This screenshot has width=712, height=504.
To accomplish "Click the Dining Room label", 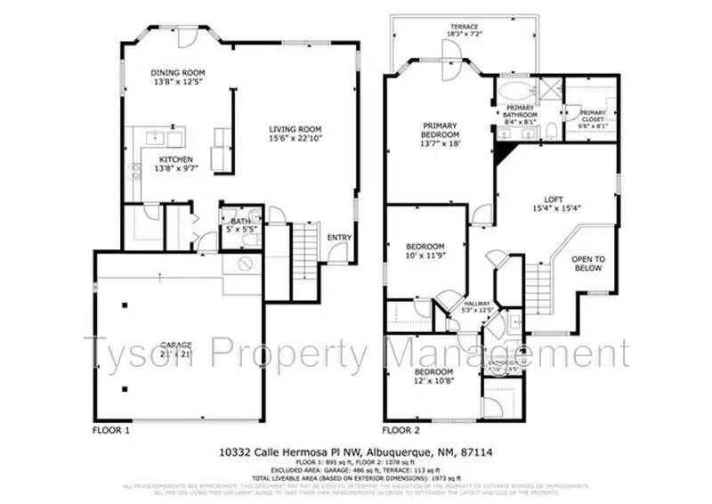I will coord(179,77).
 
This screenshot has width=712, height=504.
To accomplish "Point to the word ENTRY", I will coord(338,238).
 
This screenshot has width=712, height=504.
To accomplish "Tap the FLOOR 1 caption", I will coord(111,429).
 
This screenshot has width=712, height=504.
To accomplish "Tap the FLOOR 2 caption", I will coord(401,429).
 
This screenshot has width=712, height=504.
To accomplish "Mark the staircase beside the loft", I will coord(538,286).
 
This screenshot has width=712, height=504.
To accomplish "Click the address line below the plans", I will coord(356,452).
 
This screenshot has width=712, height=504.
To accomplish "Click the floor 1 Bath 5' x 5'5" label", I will coord(240,226).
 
